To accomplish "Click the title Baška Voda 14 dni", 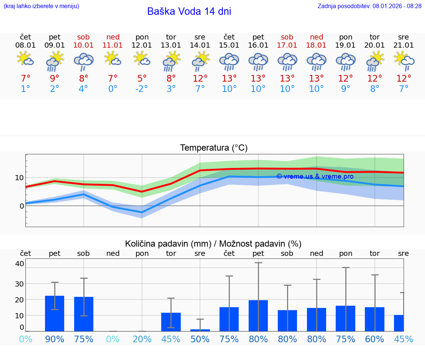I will pos(189,11).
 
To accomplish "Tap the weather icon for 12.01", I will pos(142,59).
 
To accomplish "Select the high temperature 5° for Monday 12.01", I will pos(142,79).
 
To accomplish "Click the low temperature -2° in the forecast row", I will pos(142,89).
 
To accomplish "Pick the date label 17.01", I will pos(287,45).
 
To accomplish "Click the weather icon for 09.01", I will pos(55,61).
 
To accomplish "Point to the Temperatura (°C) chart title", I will pos(214,148).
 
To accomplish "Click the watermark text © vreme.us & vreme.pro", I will pos(315,176).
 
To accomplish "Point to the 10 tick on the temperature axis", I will pos(19,178).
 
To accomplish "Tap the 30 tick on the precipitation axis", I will pos(19,284).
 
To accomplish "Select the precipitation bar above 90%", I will pos(55,313).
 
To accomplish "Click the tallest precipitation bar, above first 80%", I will pos(258,316).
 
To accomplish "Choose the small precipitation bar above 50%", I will pos(200,330).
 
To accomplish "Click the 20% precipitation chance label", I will pos(142,339).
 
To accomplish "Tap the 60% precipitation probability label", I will pos(374,339).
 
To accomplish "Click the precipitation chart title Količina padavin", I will pos(213,244).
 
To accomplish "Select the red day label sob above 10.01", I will pos(84,37).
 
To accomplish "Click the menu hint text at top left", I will pos(41,6).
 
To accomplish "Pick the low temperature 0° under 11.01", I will pos(113,89).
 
